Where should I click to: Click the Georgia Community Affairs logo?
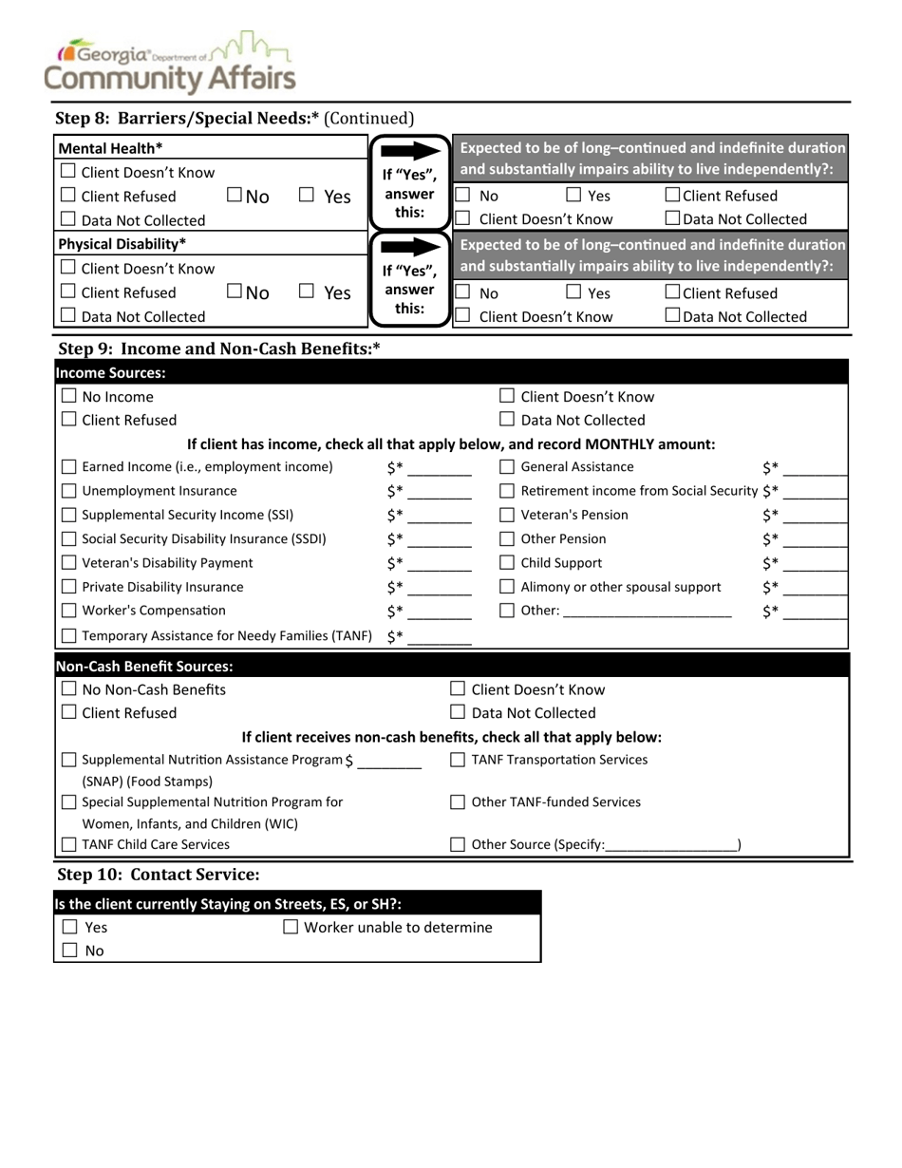[176, 63]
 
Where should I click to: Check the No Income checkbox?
[68, 397]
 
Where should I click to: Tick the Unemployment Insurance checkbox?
[69, 491]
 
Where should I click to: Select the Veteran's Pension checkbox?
[508, 515]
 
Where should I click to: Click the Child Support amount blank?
[816, 564]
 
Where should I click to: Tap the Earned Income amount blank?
[440, 468]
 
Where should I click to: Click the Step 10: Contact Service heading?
[159, 874]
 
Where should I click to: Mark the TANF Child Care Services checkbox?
[69, 844]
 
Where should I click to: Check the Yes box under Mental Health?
[306, 197]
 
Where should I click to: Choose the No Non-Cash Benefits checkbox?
[68, 689]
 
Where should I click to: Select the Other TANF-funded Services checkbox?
[458, 802]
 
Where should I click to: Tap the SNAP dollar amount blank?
[389, 762]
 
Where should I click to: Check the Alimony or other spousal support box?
[508, 587]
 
